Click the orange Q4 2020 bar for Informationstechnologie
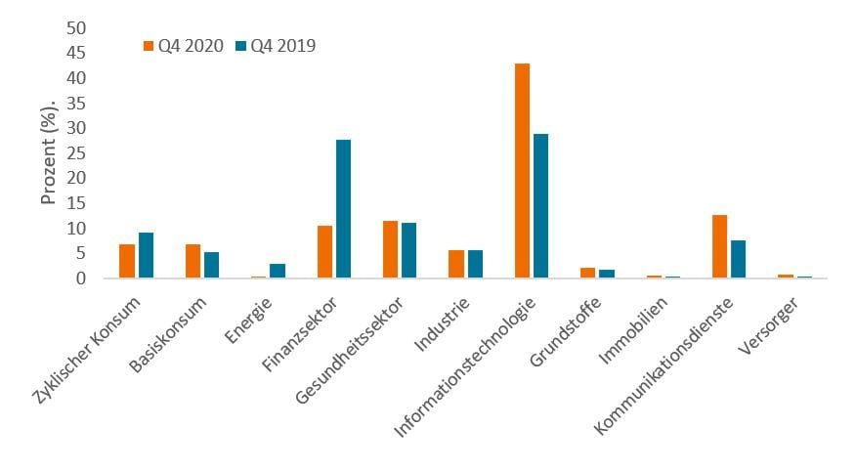pyautogui.click(x=523, y=171)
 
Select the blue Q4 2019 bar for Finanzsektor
pyautogui.click(x=342, y=209)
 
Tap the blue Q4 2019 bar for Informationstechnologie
pyautogui.click(x=539, y=206)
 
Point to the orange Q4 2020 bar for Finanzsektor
pyautogui.click(x=325, y=252)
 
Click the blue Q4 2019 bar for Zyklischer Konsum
pyautogui.click(x=146, y=255)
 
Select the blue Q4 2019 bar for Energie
pyautogui.click(x=277, y=271)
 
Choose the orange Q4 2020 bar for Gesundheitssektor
pyautogui.click(x=391, y=249)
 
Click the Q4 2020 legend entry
pyautogui.click(x=184, y=45)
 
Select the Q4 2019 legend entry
pyautogui.click(x=276, y=45)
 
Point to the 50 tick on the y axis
pyautogui.click(x=76, y=27)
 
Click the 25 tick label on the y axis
pyautogui.click(x=76, y=152)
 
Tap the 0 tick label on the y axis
pyautogui.click(x=82, y=278)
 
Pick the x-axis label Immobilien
pyautogui.click(x=635, y=319)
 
